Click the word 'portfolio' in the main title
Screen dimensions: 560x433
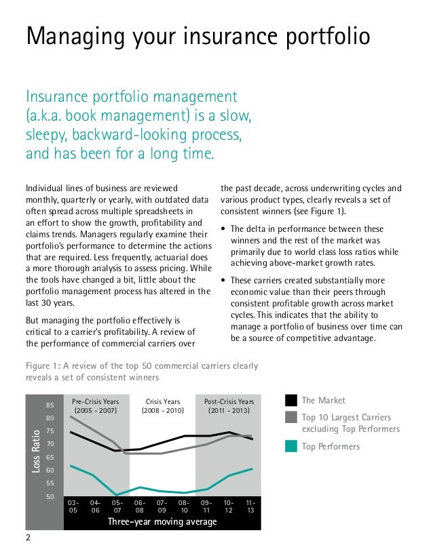point(324,36)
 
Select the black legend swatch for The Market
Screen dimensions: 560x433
point(291,400)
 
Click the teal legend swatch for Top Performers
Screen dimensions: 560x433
point(291,446)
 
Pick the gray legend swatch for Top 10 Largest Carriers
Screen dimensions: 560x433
point(291,417)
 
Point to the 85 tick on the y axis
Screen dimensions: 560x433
point(50,405)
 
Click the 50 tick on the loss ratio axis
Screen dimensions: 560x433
point(50,496)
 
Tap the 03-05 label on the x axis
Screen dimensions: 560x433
point(73,506)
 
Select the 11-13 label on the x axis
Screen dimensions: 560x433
point(250,506)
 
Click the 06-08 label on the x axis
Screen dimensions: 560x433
point(140,506)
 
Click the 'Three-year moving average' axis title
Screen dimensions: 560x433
point(162,521)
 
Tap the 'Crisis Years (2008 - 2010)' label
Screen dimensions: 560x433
point(162,405)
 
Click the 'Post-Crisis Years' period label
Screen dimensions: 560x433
point(229,401)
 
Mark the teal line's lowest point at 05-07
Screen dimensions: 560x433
point(117,495)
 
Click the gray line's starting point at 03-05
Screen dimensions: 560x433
point(71,416)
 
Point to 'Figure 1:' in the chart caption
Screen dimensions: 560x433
point(44,366)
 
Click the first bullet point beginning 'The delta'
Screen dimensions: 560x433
point(225,229)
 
